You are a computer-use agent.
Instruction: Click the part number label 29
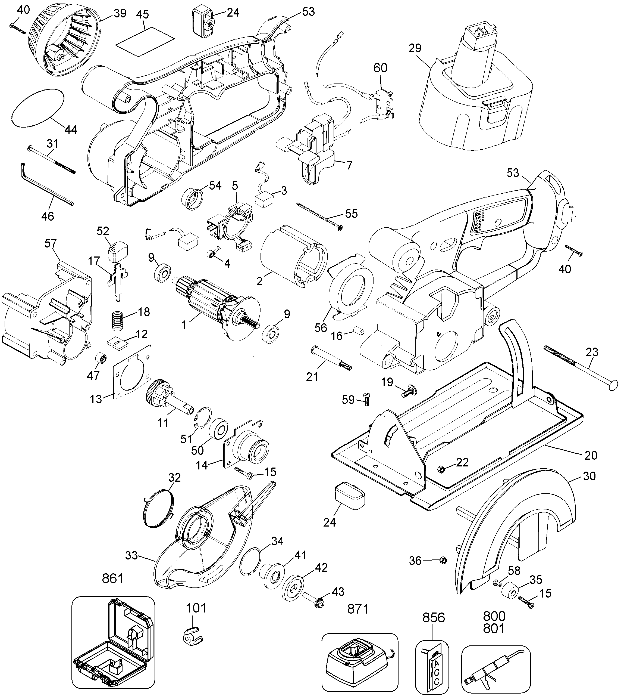pos(415,48)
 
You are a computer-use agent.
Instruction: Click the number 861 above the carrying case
pos(112,579)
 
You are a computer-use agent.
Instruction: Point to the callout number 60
pos(380,68)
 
